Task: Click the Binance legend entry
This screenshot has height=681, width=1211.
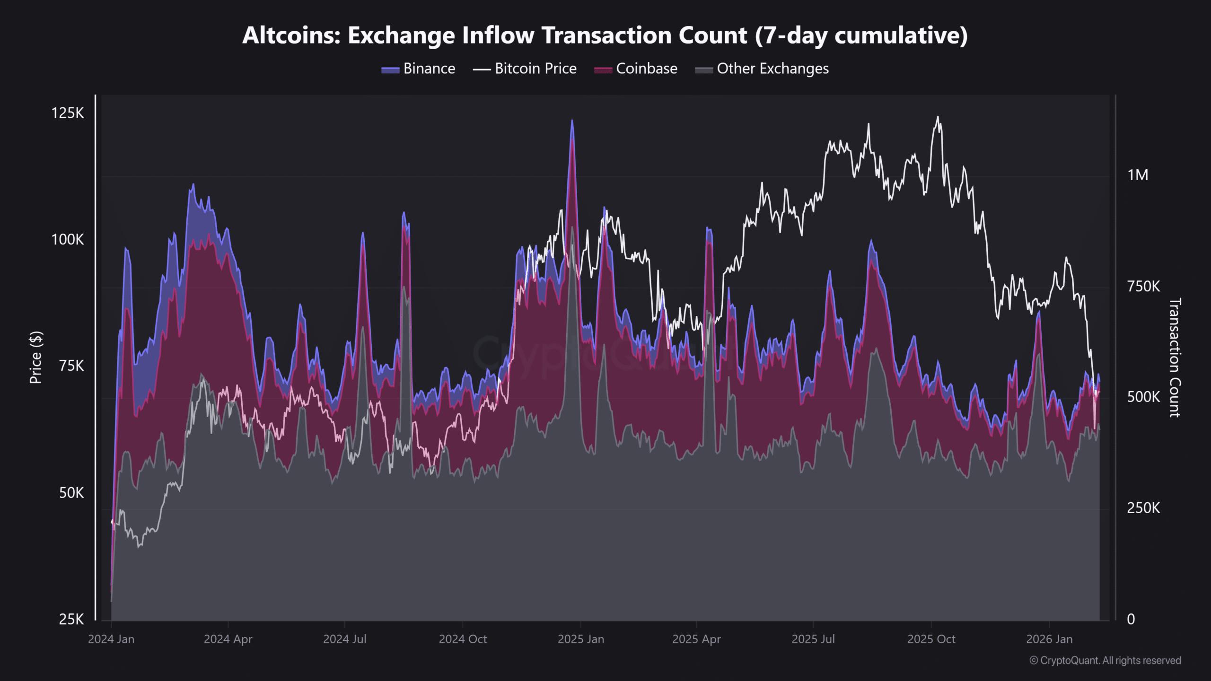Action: pyautogui.click(x=418, y=69)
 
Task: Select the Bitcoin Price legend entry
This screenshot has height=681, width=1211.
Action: pyautogui.click(x=525, y=69)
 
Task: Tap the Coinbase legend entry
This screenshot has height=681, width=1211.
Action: pyautogui.click(x=636, y=69)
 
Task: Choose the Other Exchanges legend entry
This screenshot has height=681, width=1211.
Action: pyautogui.click(x=762, y=69)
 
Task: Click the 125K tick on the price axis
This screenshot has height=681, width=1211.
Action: pyautogui.click(x=68, y=113)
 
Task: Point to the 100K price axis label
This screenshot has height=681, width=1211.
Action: pyautogui.click(x=68, y=240)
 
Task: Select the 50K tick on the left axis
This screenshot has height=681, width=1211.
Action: pyautogui.click(x=71, y=493)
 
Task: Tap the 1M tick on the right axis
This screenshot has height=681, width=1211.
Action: pyautogui.click(x=1138, y=175)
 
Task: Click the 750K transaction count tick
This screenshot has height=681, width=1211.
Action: pyautogui.click(x=1143, y=287)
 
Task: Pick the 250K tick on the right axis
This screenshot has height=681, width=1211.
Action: pyautogui.click(x=1143, y=508)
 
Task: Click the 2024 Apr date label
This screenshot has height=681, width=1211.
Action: pyautogui.click(x=228, y=639)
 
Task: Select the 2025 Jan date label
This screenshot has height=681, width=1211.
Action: pyautogui.click(x=581, y=639)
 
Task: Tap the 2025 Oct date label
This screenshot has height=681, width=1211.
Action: pyautogui.click(x=931, y=639)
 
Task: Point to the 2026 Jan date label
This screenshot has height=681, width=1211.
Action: pyautogui.click(x=1049, y=639)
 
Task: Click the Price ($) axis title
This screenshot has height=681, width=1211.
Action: pyautogui.click(x=36, y=358)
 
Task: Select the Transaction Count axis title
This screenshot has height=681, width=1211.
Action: pyautogui.click(x=1175, y=358)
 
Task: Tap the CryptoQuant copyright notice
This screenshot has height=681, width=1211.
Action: pyautogui.click(x=1105, y=661)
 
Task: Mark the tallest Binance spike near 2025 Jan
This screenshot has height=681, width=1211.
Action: pyautogui.click(x=572, y=121)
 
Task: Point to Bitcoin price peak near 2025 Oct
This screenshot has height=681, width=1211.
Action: pyautogui.click(x=938, y=117)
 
